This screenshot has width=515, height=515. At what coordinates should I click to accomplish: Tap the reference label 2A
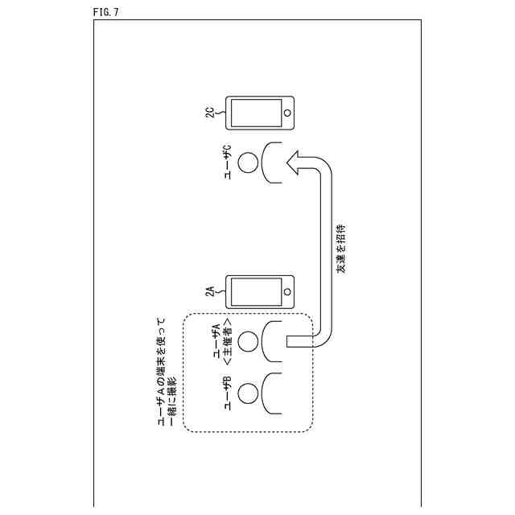(211, 291)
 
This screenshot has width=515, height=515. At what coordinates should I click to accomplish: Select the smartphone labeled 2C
(259, 113)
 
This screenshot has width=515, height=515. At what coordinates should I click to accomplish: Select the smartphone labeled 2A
(259, 291)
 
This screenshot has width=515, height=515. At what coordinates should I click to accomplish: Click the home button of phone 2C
(287, 113)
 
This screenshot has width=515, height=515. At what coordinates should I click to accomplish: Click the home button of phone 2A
(287, 291)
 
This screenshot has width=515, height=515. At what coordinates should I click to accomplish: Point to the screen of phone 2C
(255, 113)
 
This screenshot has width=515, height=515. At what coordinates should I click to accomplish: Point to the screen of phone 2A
(255, 291)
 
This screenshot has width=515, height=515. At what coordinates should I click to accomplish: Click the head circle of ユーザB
(249, 393)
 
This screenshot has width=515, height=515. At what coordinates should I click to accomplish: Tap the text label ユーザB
(228, 393)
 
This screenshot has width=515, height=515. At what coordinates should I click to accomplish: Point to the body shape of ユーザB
(274, 393)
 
